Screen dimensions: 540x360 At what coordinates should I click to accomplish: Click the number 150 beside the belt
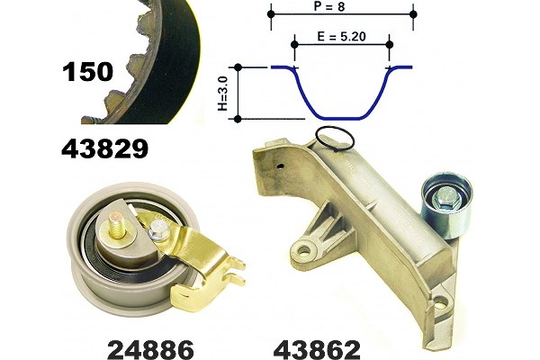88,72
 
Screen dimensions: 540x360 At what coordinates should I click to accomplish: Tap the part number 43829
105,148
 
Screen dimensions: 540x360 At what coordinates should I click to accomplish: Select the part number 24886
150,350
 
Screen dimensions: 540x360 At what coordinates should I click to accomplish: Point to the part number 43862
317,350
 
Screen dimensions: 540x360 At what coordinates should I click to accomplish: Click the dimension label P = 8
329,6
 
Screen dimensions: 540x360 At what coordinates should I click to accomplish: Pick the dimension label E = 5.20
341,36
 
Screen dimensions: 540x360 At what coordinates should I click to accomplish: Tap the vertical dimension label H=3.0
223,94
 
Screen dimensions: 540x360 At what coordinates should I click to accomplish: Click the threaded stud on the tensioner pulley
117,225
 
